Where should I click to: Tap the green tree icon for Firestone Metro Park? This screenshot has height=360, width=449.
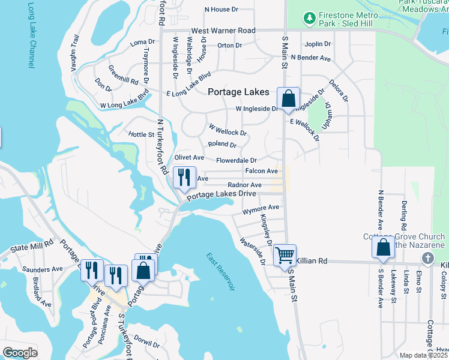tap(310, 19)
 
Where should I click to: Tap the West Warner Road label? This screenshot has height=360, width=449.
tap(223, 31)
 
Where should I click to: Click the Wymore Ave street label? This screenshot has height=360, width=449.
tap(261, 209)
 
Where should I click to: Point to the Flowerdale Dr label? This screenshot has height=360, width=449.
tap(237, 161)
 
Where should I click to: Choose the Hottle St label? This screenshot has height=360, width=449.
tap(142, 134)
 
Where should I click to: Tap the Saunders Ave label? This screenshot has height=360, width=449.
tap(38, 269)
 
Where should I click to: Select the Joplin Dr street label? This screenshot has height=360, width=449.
tap(318, 44)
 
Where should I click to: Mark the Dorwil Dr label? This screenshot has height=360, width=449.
tap(146, 338)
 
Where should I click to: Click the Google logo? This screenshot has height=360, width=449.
tap(20, 353)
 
